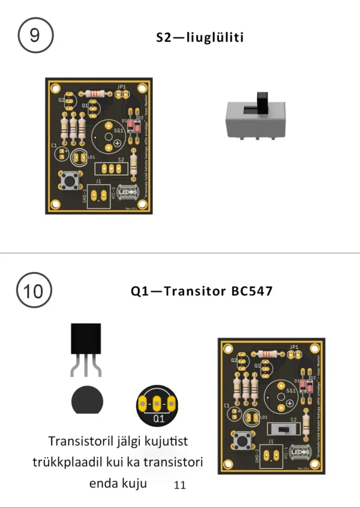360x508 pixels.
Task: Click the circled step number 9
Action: click(35, 35)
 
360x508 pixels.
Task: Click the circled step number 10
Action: click(34, 292)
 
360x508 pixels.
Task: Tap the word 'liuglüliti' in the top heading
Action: click(214, 38)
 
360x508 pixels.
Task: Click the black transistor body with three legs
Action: click(86, 339)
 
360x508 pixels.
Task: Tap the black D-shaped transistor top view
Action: click(87, 401)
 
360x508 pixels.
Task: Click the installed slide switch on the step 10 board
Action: click(284, 430)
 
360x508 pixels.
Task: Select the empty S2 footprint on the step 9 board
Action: click(111, 169)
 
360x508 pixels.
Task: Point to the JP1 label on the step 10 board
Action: click(294, 348)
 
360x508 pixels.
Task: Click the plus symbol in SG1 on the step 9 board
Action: click(118, 141)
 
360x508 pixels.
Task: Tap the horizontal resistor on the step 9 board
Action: click(97, 94)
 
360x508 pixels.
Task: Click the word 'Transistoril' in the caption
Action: click(79, 441)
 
